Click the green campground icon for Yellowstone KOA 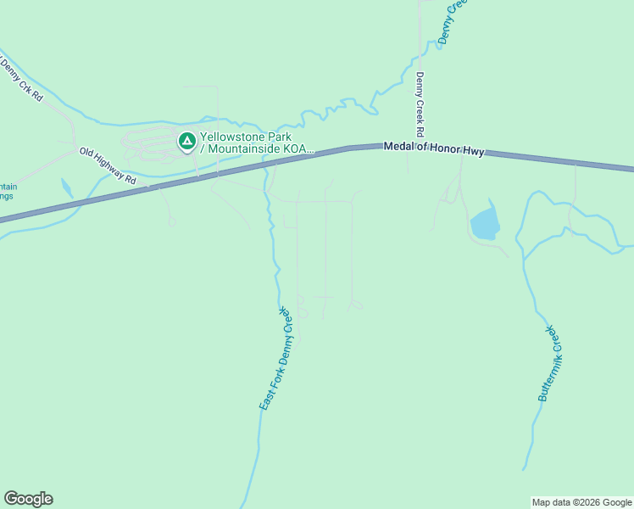[x=186, y=141]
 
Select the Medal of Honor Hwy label [x=433, y=148]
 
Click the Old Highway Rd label [x=108, y=165]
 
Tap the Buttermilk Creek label [x=550, y=362]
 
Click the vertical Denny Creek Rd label [x=418, y=104]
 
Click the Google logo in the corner [x=28, y=499]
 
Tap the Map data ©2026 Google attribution [x=581, y=502]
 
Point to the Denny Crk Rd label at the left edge [x=22, y=79]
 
